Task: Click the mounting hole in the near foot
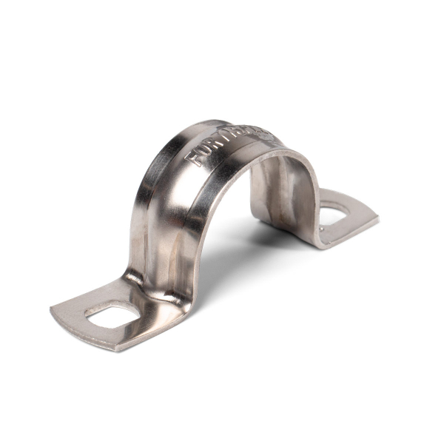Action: pos(112,316)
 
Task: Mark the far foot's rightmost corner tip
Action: pos(378,218)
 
